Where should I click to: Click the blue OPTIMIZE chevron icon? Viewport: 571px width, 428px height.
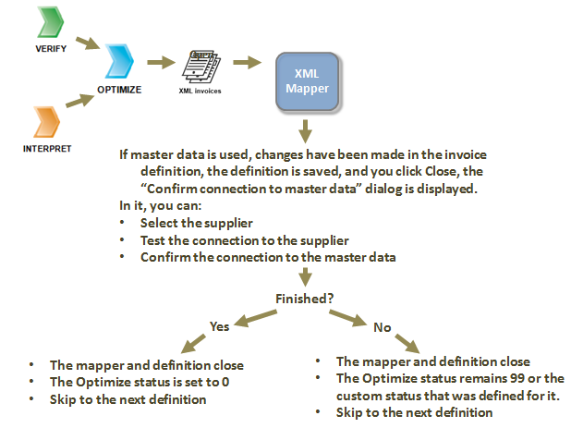118,62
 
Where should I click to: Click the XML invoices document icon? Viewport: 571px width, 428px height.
200,65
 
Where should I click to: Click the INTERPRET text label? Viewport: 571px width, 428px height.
46,148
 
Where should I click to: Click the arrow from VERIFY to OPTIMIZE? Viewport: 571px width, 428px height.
87,43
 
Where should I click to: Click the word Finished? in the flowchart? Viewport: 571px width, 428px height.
305,299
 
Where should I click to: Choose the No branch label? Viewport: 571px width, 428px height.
381,326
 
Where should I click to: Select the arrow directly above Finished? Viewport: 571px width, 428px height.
305,278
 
